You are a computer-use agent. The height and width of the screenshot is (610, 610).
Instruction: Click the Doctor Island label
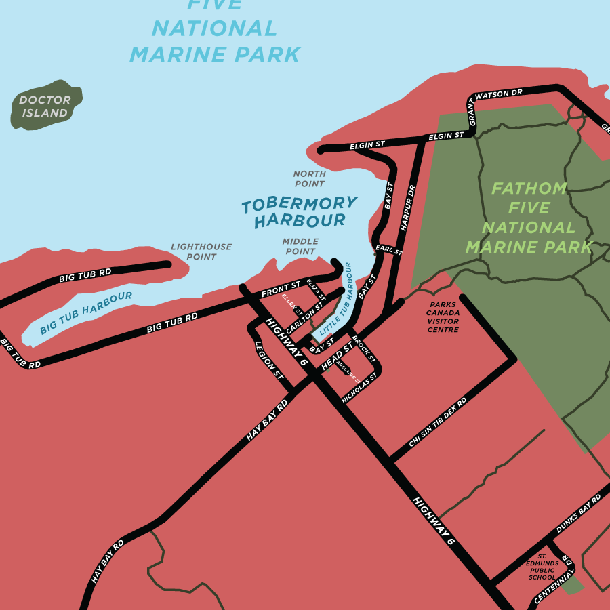point(45,106)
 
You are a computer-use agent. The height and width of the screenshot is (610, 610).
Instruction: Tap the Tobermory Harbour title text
point(299,211)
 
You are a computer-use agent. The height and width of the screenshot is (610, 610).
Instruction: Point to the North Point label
point(309,179)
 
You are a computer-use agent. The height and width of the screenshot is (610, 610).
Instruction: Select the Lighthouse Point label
point(201,251)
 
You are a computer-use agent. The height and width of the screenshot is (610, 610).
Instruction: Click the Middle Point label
point(300,246)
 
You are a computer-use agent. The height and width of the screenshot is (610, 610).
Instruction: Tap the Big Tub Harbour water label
point(85,313)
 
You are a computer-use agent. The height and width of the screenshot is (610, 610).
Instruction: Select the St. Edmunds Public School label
point(542,566)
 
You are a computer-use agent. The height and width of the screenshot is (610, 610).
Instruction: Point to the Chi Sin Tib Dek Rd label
point(438,422)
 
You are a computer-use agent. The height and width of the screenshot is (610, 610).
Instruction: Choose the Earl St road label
point(389,250)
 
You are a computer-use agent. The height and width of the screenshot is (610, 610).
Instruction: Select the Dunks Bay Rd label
point(578,513)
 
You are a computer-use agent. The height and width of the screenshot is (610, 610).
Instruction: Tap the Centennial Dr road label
point(554,582)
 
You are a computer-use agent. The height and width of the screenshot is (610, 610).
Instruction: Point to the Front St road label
point(281,289)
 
